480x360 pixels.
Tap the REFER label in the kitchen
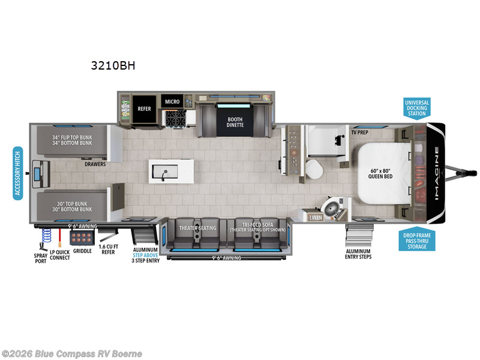point(144,109)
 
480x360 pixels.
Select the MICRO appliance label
point(173,102)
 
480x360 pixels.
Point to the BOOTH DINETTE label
point(235,122)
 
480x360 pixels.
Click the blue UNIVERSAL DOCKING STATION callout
point(416,108)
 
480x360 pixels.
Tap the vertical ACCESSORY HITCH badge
point(18,172)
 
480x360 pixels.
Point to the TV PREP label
point(359,132)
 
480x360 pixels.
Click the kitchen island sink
point(164,172)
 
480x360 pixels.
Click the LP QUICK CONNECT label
point(60,254)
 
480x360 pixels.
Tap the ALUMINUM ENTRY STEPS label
point(358,254)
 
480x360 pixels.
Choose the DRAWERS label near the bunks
point(95,164)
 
